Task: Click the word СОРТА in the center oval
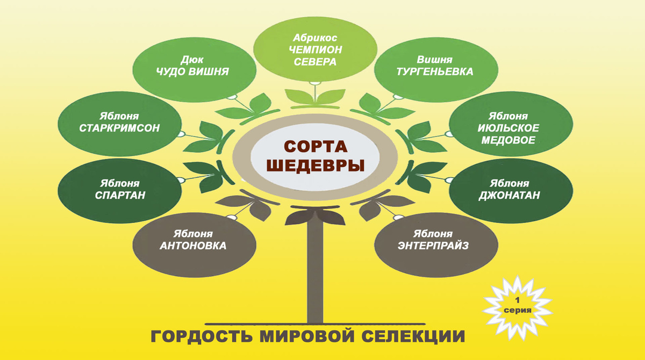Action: [316, 146]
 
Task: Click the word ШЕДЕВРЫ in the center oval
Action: [316, 165]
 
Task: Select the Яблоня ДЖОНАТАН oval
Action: [508, 189]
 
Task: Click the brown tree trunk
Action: [316, 274]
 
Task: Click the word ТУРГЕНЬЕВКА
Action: [434, 71]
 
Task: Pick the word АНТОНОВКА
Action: [193, 246]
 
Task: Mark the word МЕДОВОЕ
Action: [508, 140]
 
